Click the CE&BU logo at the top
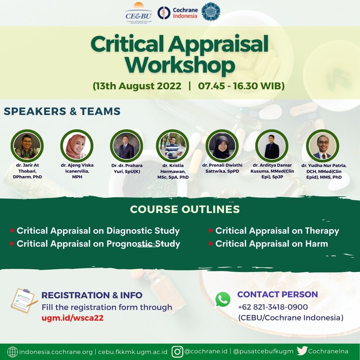(138, 13)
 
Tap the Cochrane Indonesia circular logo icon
(164, 13)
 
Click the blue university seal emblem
(211, 11)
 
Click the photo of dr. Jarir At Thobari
(27, 146)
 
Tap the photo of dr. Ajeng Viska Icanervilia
(77, 146)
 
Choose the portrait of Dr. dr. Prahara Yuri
(127, 146)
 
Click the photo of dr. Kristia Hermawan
(172, 146)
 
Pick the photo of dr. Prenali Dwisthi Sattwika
(222, 146)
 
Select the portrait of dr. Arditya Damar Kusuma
(272, 146)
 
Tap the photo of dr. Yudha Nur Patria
(323, 146)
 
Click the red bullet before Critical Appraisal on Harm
(210, 244)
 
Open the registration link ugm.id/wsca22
(73, 318)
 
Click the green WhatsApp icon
(223, 299)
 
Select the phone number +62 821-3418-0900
(273, 307)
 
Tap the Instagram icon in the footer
(177, 352)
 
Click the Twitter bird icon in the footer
(302, 351)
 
